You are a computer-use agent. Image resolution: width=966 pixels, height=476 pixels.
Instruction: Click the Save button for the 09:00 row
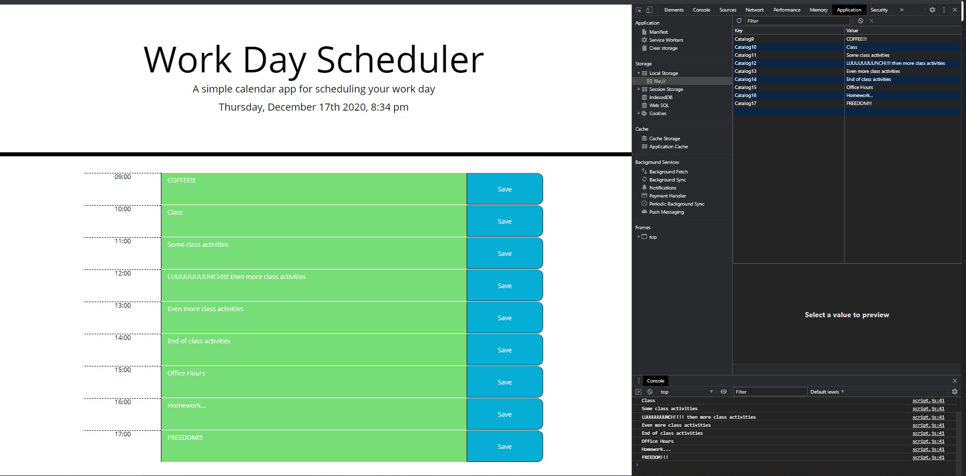[504, 189]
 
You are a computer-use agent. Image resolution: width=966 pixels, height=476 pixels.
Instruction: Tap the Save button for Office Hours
[504, 382]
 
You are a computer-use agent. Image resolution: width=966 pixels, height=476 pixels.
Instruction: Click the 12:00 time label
[123, 273]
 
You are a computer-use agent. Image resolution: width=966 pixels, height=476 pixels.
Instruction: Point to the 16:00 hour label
[123, 402]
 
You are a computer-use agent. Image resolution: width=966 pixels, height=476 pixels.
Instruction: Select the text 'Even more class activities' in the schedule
[205, 309]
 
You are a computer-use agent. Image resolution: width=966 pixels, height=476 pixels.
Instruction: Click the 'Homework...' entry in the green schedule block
[187, 406]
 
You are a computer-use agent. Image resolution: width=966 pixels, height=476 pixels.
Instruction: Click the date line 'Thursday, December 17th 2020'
[313, 107]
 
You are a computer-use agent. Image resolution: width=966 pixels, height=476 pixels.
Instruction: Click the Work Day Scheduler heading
[313, 60]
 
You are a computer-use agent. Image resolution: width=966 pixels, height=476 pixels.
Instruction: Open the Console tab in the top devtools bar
[701, 10]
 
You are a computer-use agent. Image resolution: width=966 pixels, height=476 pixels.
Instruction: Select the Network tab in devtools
[754, 10]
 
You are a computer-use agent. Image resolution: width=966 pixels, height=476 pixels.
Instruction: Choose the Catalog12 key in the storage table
[745, 63]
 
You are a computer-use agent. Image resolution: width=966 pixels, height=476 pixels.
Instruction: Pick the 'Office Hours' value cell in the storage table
[859, 87]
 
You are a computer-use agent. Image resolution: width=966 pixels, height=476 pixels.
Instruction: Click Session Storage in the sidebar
[666, 89]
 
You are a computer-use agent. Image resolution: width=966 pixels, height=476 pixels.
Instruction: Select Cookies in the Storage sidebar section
[657, 114]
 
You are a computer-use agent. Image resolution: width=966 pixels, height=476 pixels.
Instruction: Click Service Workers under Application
[666, 40]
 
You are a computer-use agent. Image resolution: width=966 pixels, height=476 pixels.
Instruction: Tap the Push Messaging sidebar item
[666, 212]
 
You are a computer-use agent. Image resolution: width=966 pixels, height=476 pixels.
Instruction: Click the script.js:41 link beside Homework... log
[928, 449]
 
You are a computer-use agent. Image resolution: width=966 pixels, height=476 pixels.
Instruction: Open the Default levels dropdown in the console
[827, 392]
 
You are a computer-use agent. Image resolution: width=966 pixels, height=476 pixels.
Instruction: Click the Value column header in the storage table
[852, 31]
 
